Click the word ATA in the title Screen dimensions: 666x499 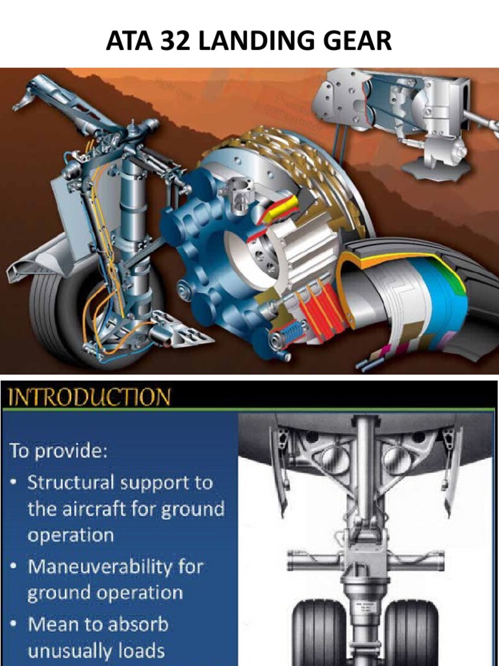coord(133,40)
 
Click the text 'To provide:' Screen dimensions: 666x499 coord(57,451)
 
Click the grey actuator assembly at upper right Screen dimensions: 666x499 coord(396,120)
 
